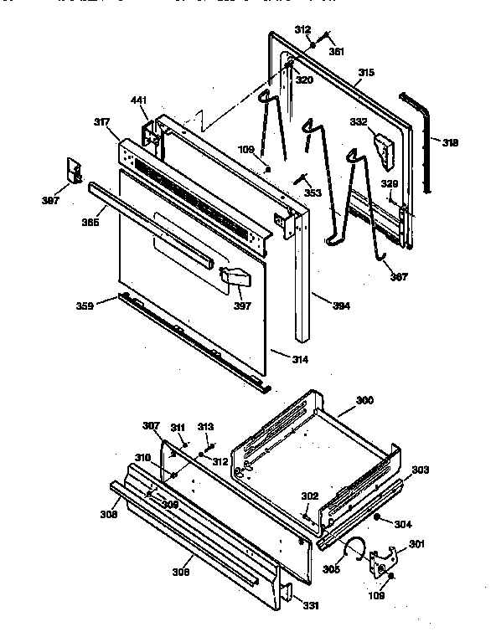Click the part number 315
tap(365, 73)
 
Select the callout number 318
tap(451, 143)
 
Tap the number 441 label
tap(138, 100)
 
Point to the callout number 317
tap(101, 123)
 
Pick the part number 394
tap(340, 306)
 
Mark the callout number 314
tap(299, 360)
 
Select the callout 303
tap(421, 470)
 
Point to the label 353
tap(313, 193)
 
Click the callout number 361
tap(336, 51)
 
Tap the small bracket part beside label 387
tap(74, 169)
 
